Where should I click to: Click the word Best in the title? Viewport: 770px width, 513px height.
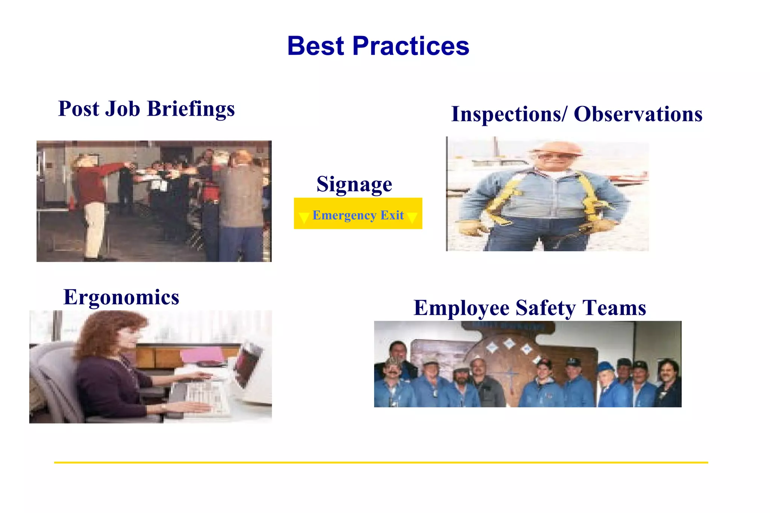(x=315, y=46)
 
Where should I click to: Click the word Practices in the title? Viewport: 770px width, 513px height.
(x=411, y=46)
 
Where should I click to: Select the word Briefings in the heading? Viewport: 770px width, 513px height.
(x=191, y=109)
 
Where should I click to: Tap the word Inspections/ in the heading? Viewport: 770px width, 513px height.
(x=509, y=114)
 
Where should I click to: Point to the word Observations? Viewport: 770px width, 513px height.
(x=638, y=114)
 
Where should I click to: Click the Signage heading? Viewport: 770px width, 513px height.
(x=354, y=184)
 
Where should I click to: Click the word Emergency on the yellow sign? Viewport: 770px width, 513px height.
(x=344, y=215)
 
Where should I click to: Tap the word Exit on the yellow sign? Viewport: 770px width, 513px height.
(x=392, y=215)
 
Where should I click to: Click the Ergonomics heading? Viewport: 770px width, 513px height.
(x=121, y=297)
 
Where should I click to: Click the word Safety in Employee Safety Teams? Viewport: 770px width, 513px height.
(x=545, y=308)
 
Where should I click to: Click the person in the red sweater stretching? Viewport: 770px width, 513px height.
(x=92, y=188)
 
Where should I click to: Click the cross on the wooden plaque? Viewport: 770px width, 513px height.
(x=510, y=376)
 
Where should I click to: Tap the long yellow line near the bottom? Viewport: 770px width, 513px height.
(x=380, y=462)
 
